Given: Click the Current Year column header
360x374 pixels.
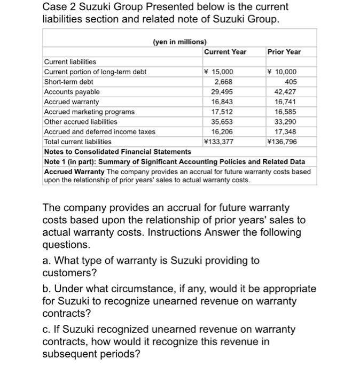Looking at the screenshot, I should pos(225,52).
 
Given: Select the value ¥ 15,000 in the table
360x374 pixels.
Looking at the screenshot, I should pos(218,72).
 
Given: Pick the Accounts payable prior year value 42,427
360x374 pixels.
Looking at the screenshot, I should pos(285,92).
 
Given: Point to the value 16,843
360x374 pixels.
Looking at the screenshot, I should pos(222,102).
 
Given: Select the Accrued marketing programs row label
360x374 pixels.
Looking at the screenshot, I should pos(89,112).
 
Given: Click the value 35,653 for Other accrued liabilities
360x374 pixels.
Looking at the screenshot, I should pos(222,121).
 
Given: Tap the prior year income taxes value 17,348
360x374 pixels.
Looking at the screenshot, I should pos(285,131).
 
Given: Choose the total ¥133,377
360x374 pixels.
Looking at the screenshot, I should pos(218,142).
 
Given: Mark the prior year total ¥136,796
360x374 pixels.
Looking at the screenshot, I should pos(281,142).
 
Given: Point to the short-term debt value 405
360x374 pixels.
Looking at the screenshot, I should pos(290,82).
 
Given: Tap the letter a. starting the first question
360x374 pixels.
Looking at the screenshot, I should pos(47,260).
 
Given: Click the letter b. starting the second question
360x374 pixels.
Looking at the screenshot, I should pos(47,289).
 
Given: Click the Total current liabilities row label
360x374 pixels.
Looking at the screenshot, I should pos(78,142).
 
